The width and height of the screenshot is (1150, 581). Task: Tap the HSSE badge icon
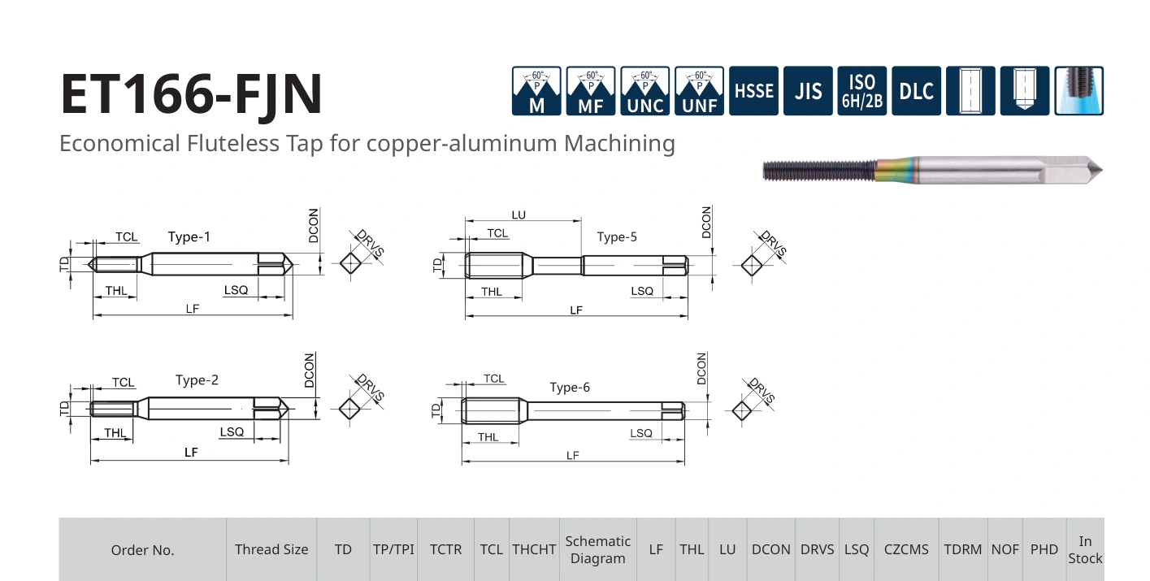pyautogui.click(x=753, y=91)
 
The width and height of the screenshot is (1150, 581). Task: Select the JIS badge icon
pyautogui.click(x=808, y=91)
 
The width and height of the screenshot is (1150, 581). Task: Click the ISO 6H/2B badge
pyautogui.click(x=862, y=91)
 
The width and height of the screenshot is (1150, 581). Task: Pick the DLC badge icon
pyautogui.click(x=917, y=91)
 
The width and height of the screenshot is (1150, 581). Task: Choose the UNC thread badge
pyautogui.click(x=644, y=91)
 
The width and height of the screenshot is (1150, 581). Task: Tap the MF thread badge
pyautogui.click(x=590, y=91)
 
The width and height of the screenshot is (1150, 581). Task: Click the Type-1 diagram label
pyautogui.click(x=189, y=236)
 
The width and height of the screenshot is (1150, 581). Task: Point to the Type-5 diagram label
pyautogui.click(x=617, y=236)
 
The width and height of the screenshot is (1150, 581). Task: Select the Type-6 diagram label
pyautogui.click(x=570, y=387)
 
